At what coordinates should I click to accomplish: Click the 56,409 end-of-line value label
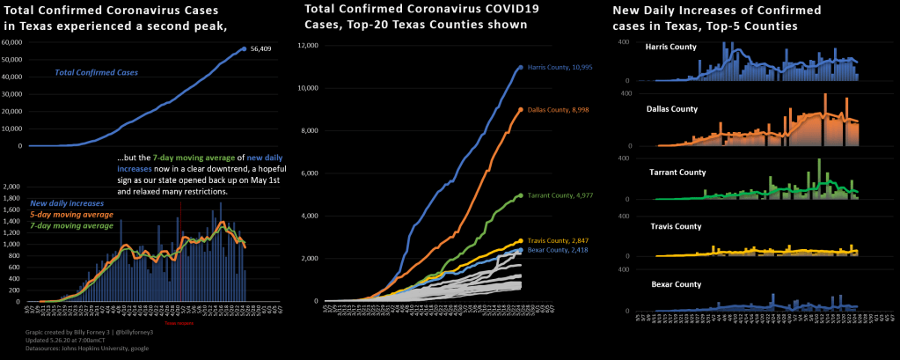point(260,49)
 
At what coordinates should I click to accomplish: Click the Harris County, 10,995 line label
point(554,67)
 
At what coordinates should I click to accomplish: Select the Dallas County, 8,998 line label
point(553,110)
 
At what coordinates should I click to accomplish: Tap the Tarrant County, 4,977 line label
point(555,195)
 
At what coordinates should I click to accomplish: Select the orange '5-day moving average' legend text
point(71,215)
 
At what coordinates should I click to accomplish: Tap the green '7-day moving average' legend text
point(71,225)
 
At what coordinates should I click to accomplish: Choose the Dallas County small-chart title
point(671,109)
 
